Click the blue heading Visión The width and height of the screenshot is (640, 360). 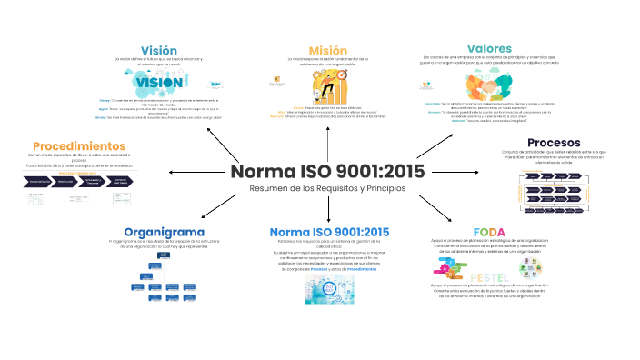point(158,49)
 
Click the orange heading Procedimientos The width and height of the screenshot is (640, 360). point(79,145)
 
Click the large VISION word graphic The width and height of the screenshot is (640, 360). point(159,82)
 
